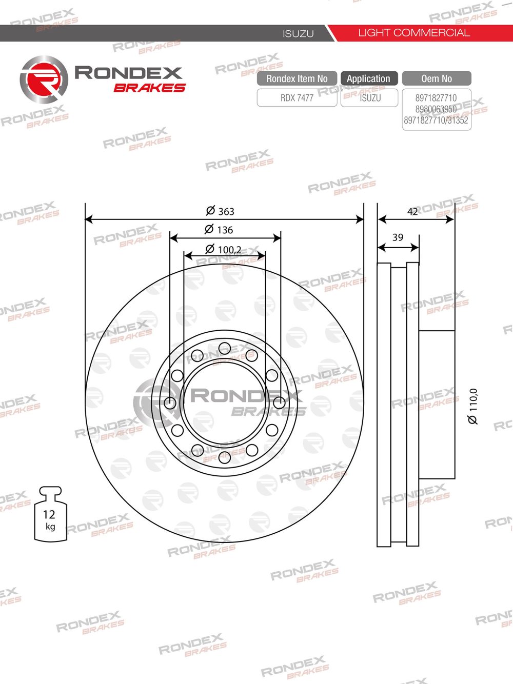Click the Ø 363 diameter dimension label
(x=220, y=211)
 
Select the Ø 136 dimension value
(x=219, y=229)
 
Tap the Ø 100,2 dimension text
(x=223, y=249)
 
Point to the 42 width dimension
(x=412, y=212)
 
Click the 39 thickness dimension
(x=398, y=237)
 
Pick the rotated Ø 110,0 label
(x=473, y=406)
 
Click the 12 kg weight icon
(x=50, y=514)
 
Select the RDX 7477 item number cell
(x=297, y=98)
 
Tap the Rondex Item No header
(x=297, y=78)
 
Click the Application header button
(x=369, y=78)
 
